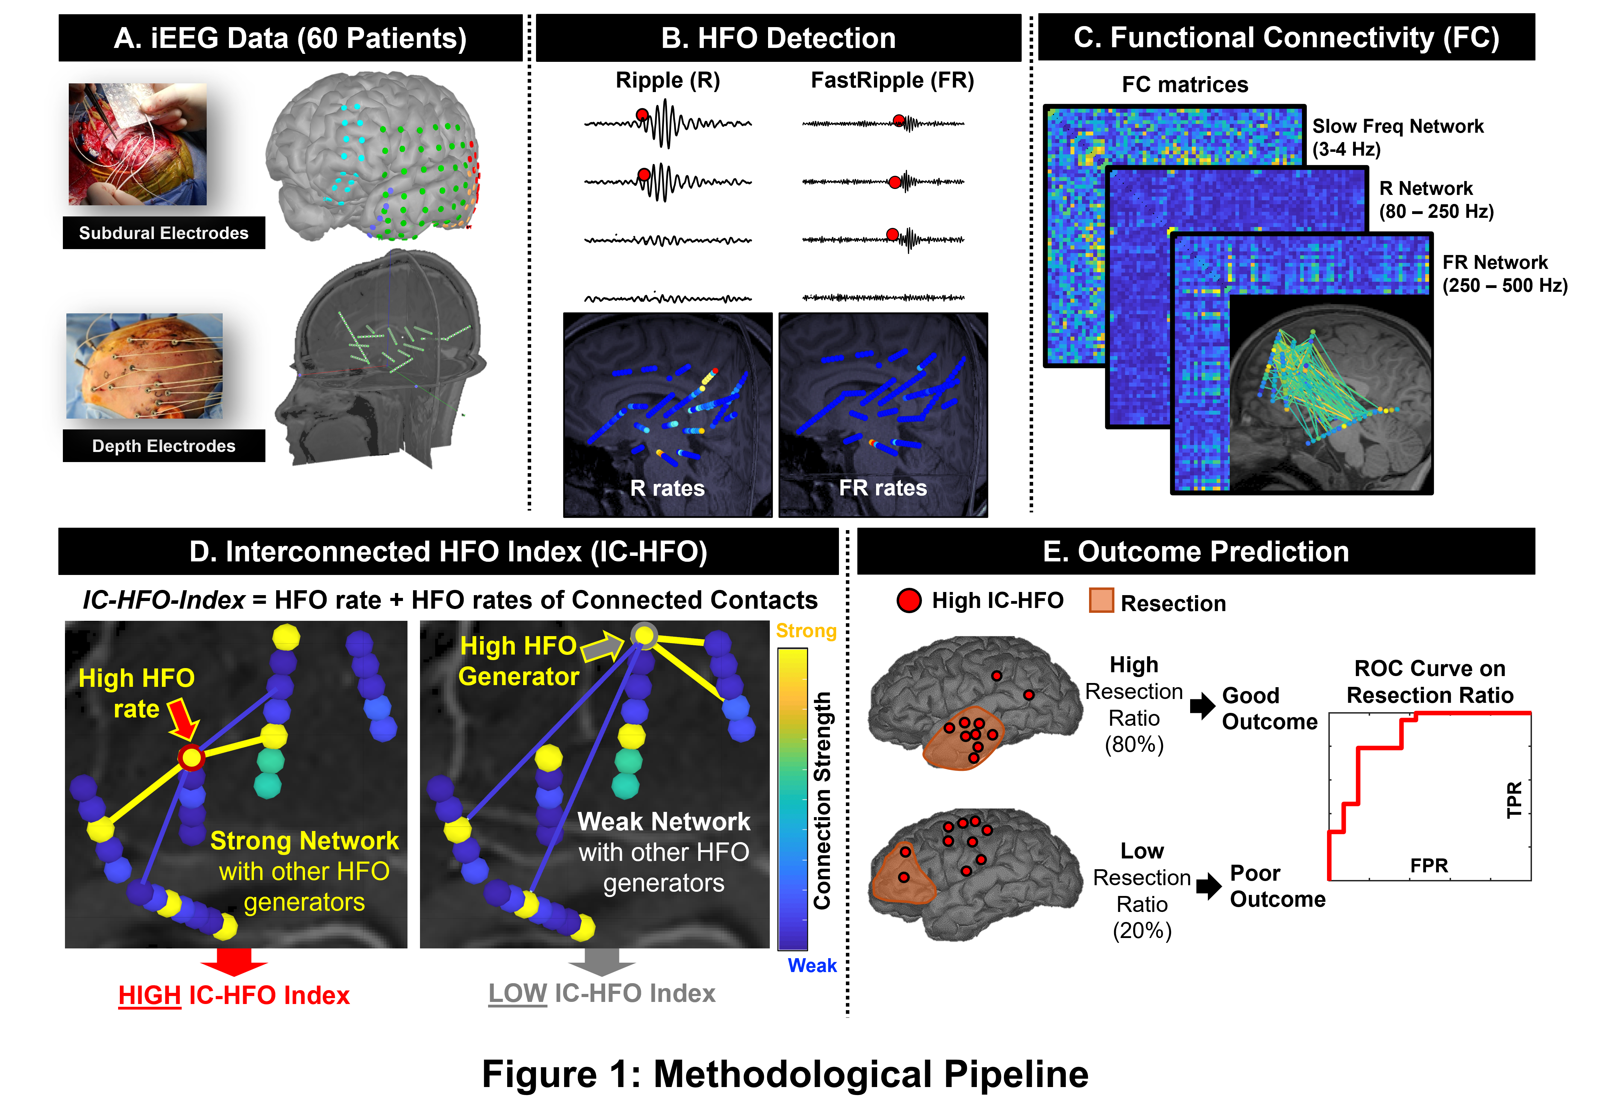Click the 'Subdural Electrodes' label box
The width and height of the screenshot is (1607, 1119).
pyautogui.click(x=164, y=233)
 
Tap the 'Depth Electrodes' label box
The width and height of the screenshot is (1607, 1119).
pyautogui.click(x=164, y=446)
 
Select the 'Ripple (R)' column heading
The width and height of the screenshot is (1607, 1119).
pyautogui.click(x=668, y=81)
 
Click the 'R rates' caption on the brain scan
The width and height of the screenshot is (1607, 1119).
pyautogui.click(x=667, y=488)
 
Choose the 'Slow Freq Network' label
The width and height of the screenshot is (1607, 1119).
pyautogui.click(x=1397, y=127)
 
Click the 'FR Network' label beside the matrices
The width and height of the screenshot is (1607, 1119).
pyautogui.click(x=1495, y=262)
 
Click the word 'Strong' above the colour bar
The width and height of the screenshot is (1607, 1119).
pyautogui.click(x=806, y=631)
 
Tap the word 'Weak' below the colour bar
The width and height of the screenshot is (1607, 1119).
pyautogui.click(x=812, y=966)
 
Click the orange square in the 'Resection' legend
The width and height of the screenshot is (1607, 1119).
pyautogui.click(x=1101, y=600)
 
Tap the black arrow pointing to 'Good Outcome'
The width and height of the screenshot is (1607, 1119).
pyautogui.click(x=1202, y=706)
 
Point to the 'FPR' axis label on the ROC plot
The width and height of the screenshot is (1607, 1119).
pyautogui.click(x=1428, y=866)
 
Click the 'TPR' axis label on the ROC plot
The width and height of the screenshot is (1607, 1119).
pyautogui.click(x=1514, y=800)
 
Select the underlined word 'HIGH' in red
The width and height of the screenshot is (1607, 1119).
pyautogui.click(x=150, y=995)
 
